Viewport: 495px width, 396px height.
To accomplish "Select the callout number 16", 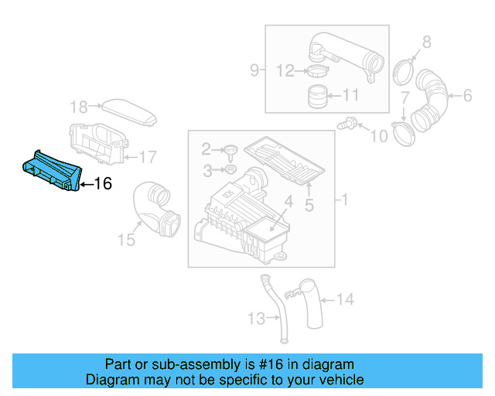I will coord(103,183).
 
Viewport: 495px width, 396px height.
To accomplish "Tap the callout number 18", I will coord(79,106).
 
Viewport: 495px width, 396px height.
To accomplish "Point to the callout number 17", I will coord(147,157).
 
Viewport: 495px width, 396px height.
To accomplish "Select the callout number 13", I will coord(256,317).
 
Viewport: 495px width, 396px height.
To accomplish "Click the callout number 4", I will coord(287,203).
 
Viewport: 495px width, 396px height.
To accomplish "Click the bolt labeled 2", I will coord(229,150).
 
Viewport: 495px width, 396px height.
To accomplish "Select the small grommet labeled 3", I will coord(230,169).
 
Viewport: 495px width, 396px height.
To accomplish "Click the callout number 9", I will coord(254,71).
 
